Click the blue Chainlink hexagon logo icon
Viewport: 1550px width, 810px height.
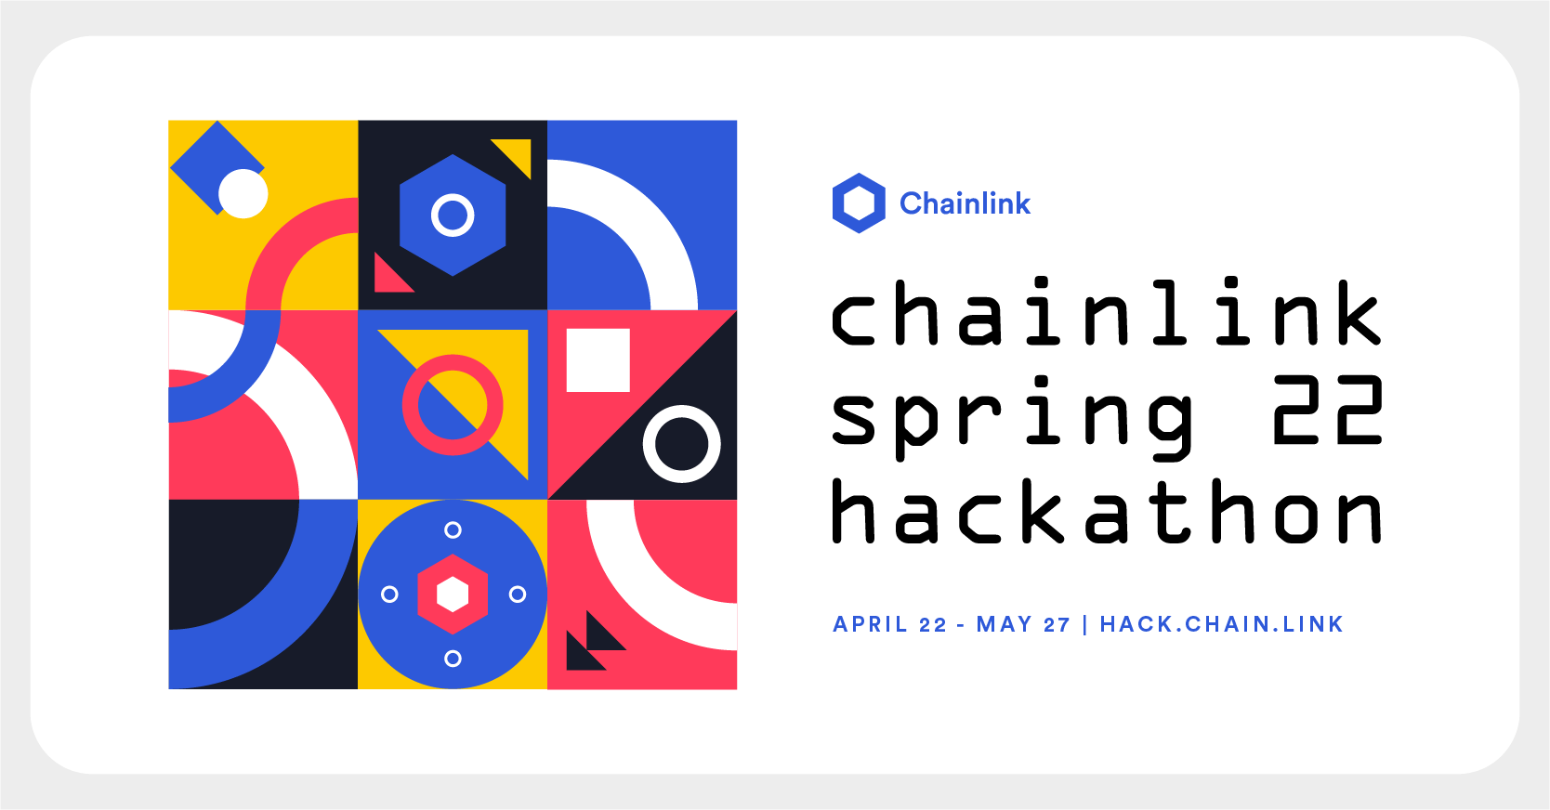[x=859, y=202]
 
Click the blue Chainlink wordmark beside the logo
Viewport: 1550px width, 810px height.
[x=965, y=203]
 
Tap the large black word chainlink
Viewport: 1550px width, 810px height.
[x=1106, y=314]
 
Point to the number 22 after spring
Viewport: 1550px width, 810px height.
[x=1328, y=411]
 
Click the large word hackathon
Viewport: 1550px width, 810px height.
[x=1106, y=513]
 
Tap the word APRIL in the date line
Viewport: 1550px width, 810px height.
[x=870, y=624]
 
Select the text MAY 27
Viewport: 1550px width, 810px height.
[x=1022, y=624]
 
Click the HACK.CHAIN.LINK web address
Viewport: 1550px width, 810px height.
[x=1221, y=624]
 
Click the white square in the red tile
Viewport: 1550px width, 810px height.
[x=598, y=360]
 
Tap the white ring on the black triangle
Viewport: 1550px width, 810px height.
[x=681, y=444]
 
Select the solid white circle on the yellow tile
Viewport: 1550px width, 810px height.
[x=243, y=194]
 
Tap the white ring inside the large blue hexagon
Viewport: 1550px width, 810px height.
[x=453, y=216]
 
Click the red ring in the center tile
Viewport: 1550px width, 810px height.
[x=453, y=405]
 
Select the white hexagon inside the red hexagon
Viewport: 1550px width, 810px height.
[x=453, y=594]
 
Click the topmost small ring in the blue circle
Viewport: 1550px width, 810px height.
[x=453, y=530]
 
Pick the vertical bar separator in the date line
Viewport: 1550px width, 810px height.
[x=1084, y=624]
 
